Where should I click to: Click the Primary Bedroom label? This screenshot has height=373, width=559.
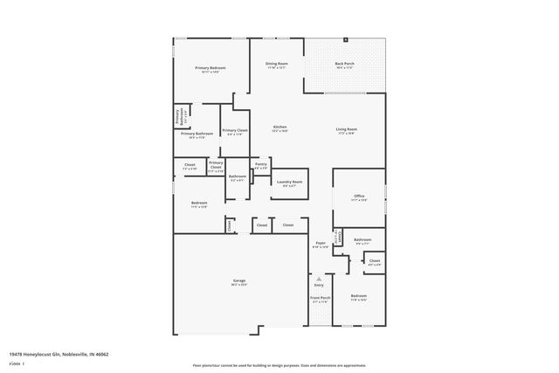click(210, 67)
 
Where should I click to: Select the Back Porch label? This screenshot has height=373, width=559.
click(344, 63)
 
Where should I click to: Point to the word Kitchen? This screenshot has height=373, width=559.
click(279, 128)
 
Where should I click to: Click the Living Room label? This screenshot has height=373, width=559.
click(347, 129)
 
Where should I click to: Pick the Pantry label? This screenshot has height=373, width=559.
click(260, 163)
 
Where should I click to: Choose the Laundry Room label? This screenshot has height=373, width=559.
click(289, 182)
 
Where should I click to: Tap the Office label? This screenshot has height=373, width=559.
click(358, 196)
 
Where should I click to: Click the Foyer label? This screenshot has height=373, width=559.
click(321, 243)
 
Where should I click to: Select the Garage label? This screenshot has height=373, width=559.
click(238, 280)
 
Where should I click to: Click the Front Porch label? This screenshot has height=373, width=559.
click(320, 298)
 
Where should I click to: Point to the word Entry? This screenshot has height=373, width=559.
click(319, 285)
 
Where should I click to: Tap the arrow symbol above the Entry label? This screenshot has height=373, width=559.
click(319, 276)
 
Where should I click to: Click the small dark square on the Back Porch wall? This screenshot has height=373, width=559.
click(345, 39)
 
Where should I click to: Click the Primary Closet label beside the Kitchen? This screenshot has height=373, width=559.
click(235, 130)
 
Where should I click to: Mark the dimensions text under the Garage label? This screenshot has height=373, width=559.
click(238, 285)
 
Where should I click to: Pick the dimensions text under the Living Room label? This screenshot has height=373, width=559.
click(347, 134)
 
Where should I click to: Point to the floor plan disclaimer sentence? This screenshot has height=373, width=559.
click(279, 365)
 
